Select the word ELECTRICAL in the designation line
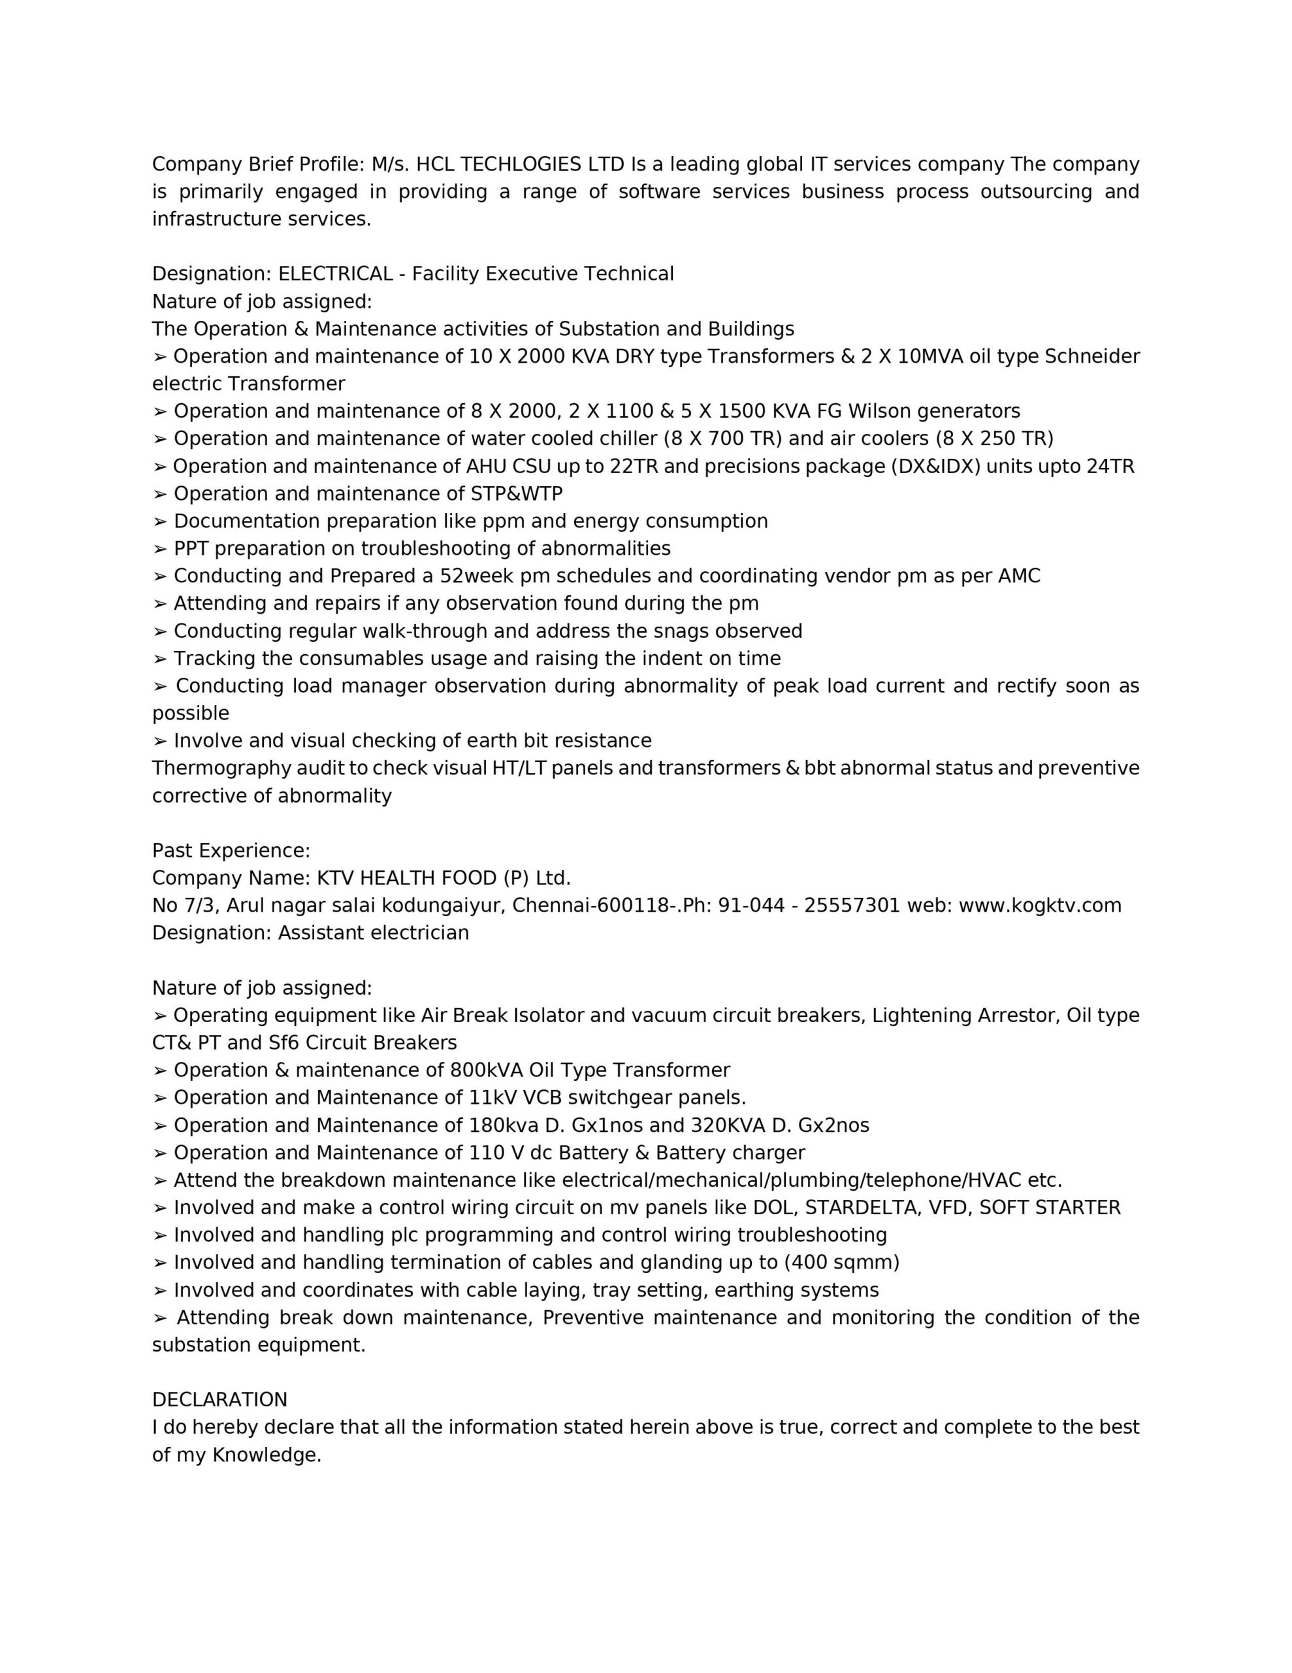pyautogui.click(x=334, y=274)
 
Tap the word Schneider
pyautogui.click(x=1092, y=357)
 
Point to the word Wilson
pyautogui.click(x=880, y=411)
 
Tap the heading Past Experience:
pyautogui.click(x=231, y=851)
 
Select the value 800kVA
pyautogui.click(x=487, y=1071)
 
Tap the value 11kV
pyautogui.click(x=493, y=1099)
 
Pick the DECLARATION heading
pyautogui.click(x=220, y=1400)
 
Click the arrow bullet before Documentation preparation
pyautogui.click(x=160, y=522)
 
